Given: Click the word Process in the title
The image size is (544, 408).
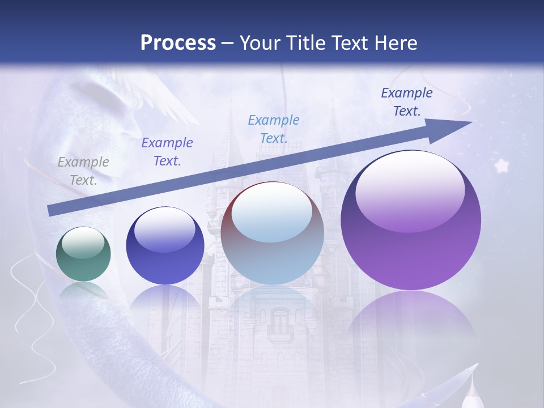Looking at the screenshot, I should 178,42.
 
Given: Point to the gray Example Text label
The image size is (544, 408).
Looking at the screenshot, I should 83,171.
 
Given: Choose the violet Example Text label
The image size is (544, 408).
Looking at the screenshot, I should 167,151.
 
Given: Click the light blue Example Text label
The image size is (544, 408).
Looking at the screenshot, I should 274,129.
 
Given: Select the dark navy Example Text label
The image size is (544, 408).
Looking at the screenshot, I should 406,101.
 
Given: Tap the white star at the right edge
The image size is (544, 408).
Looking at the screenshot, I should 501,165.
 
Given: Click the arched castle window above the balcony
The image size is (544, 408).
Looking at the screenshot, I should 280,320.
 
